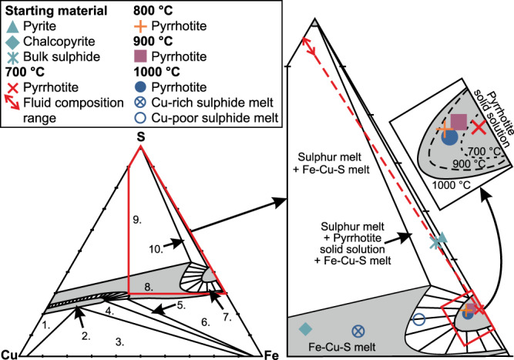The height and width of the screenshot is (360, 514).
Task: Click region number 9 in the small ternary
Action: pyautogui.click(x=136, y=220)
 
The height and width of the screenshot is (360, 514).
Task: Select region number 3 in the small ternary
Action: pyautogui.click(x=119, y=340)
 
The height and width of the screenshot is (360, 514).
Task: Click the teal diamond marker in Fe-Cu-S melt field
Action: pyautogui.click(x=305, y=328)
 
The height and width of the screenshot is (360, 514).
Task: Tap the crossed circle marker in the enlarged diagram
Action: pyautogui.click(x=358, y=330)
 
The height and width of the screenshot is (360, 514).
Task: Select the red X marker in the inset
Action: pyautogui.click(x=479, y=125)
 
